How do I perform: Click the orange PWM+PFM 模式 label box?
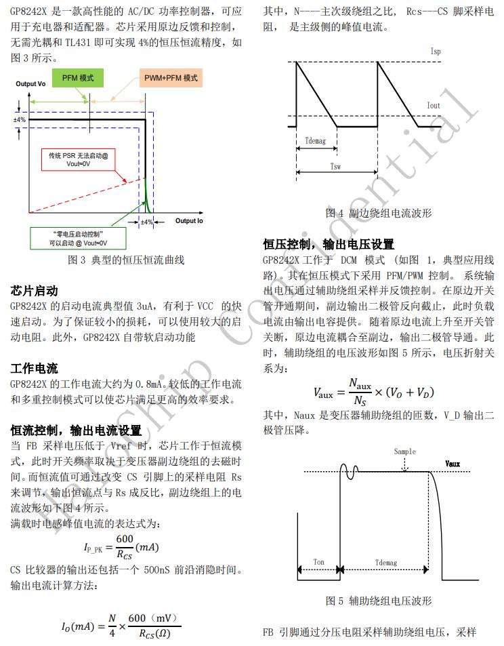coord(171,78)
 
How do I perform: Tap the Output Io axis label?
coord(189,221)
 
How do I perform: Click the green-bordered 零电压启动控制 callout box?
coord(78,238)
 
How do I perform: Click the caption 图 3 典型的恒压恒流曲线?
coord(126,260)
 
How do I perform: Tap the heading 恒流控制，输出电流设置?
coord(76,430)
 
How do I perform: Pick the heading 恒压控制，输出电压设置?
coord(329,244)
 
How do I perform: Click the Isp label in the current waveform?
coord(436,52)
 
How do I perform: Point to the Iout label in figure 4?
coord(434,106)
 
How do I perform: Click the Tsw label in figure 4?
coord(335,166)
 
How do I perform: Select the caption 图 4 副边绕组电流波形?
coord(379,213)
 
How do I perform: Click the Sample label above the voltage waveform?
coord(404,452)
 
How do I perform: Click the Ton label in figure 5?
coord(319,562)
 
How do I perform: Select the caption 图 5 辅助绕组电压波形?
coord(379,601)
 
